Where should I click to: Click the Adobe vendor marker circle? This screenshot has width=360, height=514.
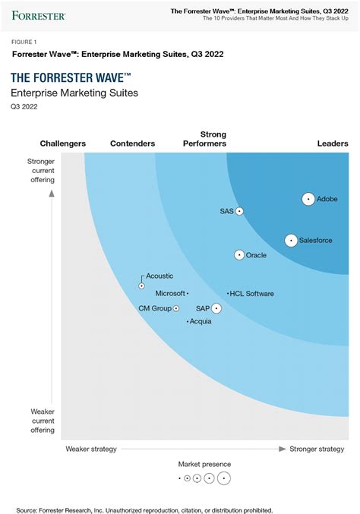point(308,199)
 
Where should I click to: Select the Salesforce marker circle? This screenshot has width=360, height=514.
point(291,241)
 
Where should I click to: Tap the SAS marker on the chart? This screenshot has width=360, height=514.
point(239,211)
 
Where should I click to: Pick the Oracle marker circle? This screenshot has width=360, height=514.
point(240,255)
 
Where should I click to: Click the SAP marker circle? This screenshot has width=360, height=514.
point(217,308)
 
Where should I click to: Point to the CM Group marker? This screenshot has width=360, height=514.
point(176,308)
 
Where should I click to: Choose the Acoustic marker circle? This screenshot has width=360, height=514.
point(142,285)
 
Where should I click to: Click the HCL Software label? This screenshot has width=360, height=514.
point(253,293)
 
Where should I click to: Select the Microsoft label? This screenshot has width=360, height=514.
point(170,293)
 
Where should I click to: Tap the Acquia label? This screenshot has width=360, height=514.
point(201,322)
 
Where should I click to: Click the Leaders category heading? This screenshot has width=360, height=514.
point(332,143)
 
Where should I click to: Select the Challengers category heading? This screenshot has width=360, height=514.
point(62,143)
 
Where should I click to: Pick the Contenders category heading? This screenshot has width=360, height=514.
point(132,143)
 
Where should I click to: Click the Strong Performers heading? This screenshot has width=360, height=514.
point(204,139)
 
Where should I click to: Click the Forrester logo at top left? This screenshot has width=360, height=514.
point(38,14)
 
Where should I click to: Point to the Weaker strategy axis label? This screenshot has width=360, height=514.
point(91,449)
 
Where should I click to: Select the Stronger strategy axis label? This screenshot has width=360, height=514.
point(317,449)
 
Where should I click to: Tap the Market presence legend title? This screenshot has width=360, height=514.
point(204,464)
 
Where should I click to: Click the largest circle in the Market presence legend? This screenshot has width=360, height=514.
point(223,478)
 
